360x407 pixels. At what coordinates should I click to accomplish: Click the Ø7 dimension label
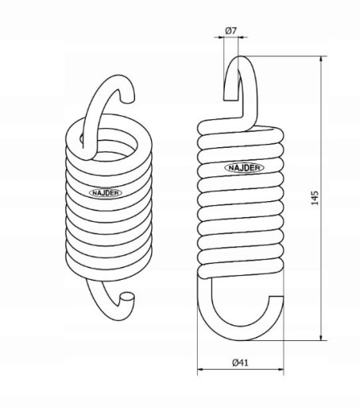tap(230, 31)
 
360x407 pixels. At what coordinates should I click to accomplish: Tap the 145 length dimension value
tap(315, 198)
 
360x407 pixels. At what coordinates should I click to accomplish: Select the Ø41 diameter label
tap(241, 362)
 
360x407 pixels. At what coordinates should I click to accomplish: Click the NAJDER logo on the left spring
tap(106, 192)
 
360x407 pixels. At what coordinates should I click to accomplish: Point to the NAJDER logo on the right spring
tap(244, 168)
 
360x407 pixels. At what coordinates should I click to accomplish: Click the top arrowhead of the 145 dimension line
tap(321, 59)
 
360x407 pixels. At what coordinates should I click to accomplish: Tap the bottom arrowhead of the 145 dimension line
tap(321, 337)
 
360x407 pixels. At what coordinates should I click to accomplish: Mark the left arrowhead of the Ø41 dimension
tap(201, 370)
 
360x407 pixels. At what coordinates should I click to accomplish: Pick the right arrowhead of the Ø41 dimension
tap(281, 370)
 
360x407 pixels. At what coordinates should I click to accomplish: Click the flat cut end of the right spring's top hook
tap(231, 100)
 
